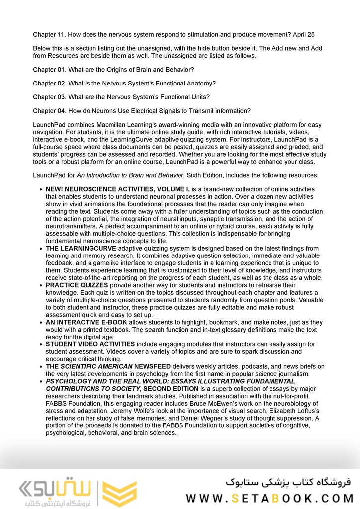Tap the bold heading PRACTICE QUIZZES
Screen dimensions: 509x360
(77, 286)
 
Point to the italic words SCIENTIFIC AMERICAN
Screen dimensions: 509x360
(96, 366)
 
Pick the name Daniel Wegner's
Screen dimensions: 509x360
(213, 419)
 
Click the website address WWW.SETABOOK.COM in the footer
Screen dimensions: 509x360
(270, 498)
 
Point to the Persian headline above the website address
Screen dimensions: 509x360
(288, 482)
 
